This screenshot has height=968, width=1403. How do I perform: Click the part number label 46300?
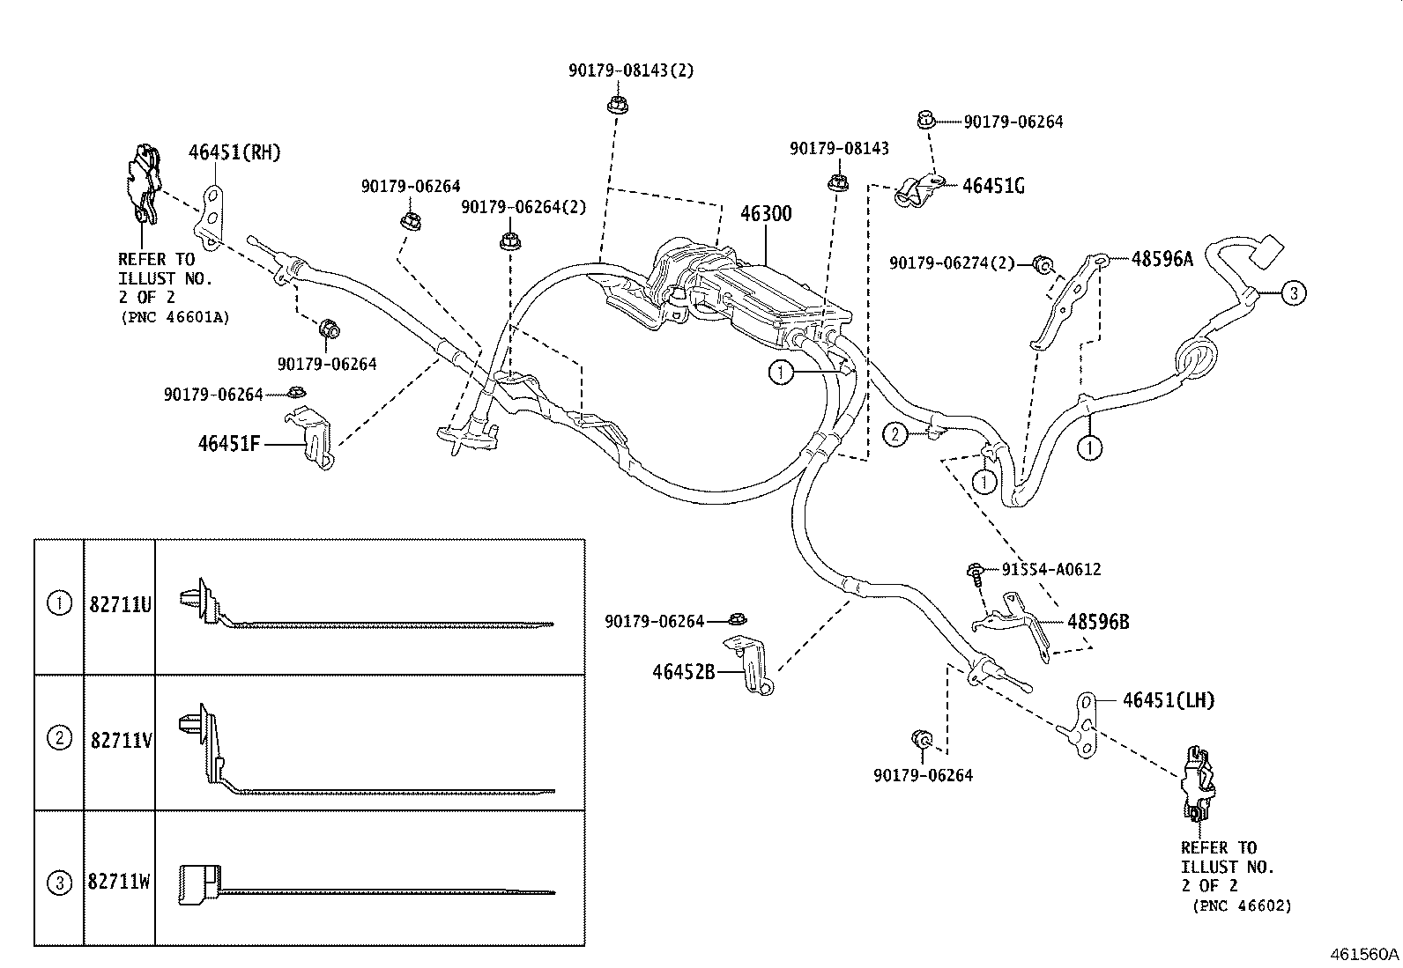pos(765,214)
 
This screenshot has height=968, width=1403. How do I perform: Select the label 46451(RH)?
pos(234,152)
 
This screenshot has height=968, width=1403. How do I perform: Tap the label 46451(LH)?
pos(1169,700)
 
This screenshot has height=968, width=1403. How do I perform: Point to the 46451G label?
pos(993,186)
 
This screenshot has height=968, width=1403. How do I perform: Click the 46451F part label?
pos(229,443)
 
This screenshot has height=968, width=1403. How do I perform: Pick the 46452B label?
pos(683,672)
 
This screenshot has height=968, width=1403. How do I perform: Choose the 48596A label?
pos(1162,259)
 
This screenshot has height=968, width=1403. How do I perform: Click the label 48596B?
pos(1098,622)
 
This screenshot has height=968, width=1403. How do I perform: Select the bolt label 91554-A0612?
pos(1050,570)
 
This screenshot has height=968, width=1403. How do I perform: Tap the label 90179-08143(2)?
pos(631,70)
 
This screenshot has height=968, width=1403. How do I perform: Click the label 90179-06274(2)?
pos(952,263)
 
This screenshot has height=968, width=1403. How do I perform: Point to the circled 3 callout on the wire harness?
pos(1292,293)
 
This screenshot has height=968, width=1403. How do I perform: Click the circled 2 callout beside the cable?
pos(895,433)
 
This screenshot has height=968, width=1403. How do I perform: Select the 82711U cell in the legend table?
pos(120,605)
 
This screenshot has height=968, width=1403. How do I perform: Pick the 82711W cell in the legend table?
pos(120,881)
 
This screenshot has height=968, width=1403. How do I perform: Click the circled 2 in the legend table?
pos(59,738)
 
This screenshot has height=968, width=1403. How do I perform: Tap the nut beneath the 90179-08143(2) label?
pos(614,106)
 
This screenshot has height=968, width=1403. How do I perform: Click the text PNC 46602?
pos(1241,905)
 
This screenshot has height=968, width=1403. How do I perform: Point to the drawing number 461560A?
pos(1364,954)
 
